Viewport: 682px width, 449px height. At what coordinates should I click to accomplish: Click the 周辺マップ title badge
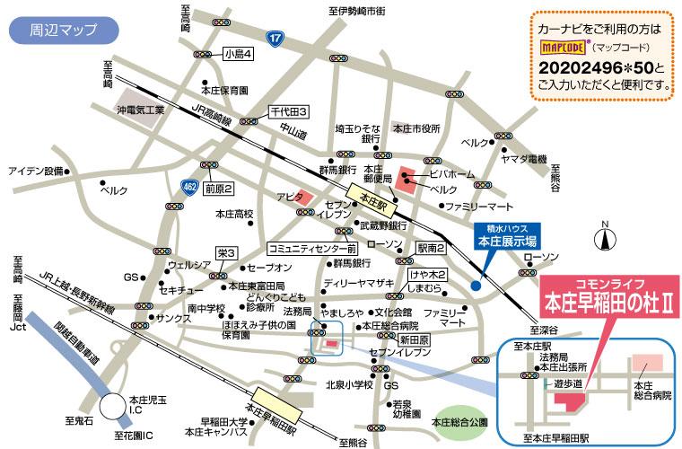coord(63,30)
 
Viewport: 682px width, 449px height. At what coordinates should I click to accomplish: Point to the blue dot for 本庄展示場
coord(476,286)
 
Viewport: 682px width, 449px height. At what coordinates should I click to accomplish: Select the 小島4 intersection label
coord(239,55)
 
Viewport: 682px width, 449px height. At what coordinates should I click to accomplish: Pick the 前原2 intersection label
coord(218,189)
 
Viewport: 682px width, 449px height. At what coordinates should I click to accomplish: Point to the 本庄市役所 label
coord(417,128)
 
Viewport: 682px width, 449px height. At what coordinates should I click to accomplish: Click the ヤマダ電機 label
coord(524,158)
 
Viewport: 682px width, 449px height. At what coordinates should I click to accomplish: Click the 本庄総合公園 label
coord(459,421)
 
